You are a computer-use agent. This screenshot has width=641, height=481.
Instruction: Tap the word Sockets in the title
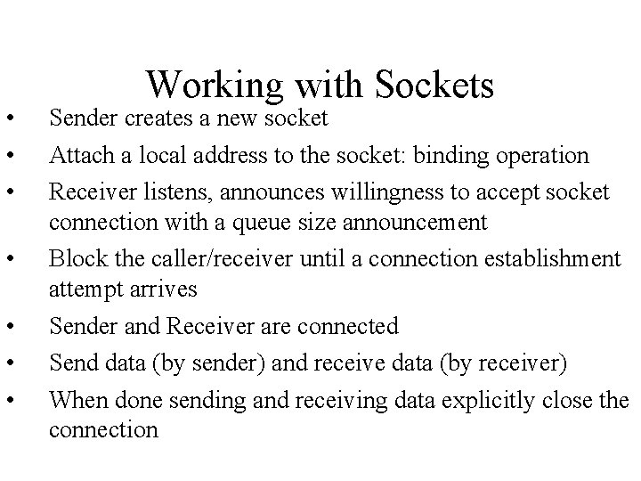(435, 86)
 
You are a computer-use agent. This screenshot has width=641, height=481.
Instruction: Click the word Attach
(77, 156)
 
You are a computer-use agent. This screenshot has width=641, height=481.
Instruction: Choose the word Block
(74, 258)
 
